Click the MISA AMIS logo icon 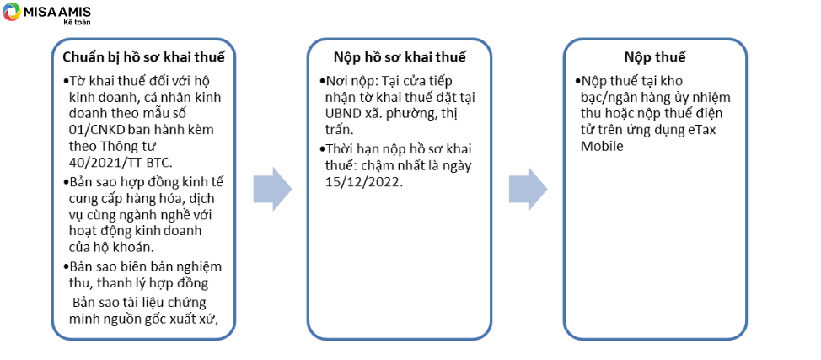point(12,12)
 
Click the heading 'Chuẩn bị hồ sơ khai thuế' point(144,57)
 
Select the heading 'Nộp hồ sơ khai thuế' point(400,57)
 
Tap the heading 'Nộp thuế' point(654,57)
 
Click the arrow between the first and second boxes point(272,189)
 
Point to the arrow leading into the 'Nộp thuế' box point(528,189)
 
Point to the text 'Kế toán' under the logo point(72,22)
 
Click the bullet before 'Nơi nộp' point(323,83)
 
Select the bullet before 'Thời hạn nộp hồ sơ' point(323,150)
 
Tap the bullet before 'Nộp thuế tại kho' point(578,83)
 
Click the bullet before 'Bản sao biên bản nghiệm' point(66,266)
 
